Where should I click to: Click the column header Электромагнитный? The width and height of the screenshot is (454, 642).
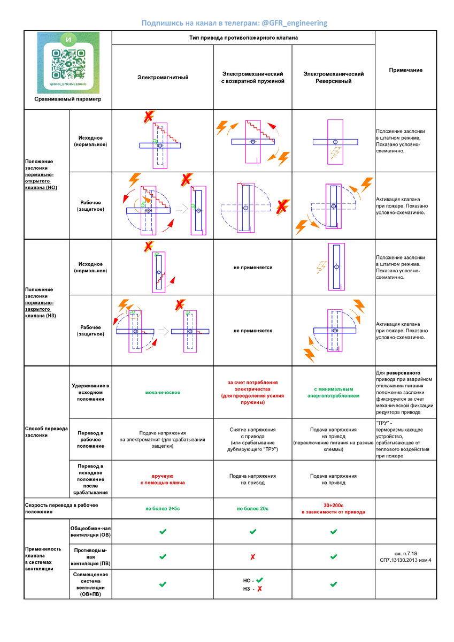(x=163, y=78)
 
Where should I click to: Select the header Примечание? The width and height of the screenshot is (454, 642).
(x=405, y=70)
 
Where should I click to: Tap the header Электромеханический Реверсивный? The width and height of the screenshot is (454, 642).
(x=333, y=78)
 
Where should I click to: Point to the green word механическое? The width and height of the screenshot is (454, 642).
(x=163, y=392)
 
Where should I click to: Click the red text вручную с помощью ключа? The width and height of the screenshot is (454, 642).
(x=163, y=479)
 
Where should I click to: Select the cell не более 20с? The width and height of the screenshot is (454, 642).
(x=252, y=508)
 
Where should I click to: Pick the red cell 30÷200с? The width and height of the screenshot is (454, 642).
(x=333, y=508)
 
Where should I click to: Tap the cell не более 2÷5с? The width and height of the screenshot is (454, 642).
(x=163, y=508)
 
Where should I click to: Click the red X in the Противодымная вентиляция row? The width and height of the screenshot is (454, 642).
(x=252, y=557)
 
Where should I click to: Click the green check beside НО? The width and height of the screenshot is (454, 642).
(x=260, y=580)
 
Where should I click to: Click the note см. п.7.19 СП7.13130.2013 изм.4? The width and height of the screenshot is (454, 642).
(x=405, y=557)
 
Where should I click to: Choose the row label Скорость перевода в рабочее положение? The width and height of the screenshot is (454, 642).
(x=61, y=508)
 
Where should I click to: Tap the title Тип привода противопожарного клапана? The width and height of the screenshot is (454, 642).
(x=243, y=38)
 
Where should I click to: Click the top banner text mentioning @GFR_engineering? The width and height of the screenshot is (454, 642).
(x=234, y=23)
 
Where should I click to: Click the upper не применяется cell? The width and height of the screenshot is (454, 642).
(x=252, y=267)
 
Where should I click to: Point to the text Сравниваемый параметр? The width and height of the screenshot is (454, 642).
(x=68, y=99)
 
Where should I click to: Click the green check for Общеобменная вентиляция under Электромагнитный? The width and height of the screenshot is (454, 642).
(x=163, y=532)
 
